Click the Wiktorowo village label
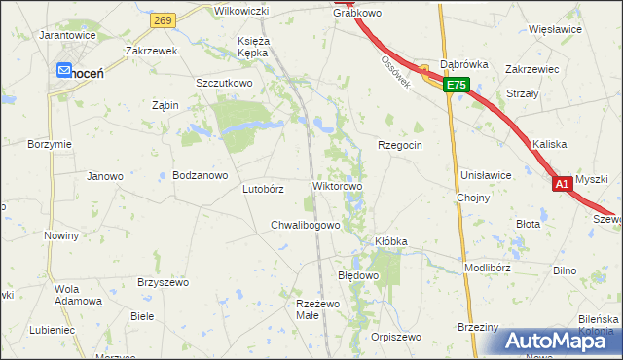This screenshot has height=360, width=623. [x=337, y=186]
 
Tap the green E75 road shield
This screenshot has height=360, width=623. [x=458, y=87]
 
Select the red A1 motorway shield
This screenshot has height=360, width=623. [x=562, y=183]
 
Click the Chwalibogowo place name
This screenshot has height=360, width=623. [x=305, y=226]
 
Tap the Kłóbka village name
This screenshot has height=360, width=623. [x=390, y=240]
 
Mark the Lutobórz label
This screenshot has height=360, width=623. [x=263, y=189]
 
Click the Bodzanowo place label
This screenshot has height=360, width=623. [x=200, y=176]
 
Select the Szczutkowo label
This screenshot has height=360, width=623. [x=224, y=84]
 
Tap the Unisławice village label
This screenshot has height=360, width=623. [x=486, y=175]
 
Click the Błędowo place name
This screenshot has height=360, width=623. [x=357, y=275]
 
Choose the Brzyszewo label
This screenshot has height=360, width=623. [x=163, y=281]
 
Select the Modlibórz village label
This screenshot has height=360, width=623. [x=488, y=267]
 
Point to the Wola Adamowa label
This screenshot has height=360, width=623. [x=79, y=295]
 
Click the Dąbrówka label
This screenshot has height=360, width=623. [x=463, y=64]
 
